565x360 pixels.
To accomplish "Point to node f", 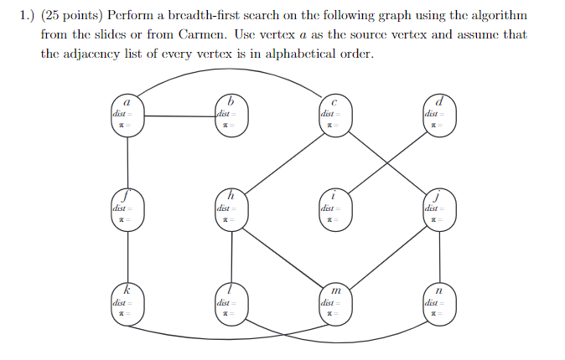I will pyautogui.click(x=127, y=208).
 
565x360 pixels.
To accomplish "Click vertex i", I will pyautogui.click(x=334, y=208).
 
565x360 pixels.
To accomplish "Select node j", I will pyautogui.click(x=438, y=208).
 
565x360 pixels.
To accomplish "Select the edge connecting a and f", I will pyautogui.click(x=127, y=162).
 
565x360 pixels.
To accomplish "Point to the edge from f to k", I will pyautogui.click(x=127, y=255).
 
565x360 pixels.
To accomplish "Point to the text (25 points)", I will pyautogui.click(x=75, y=16).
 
